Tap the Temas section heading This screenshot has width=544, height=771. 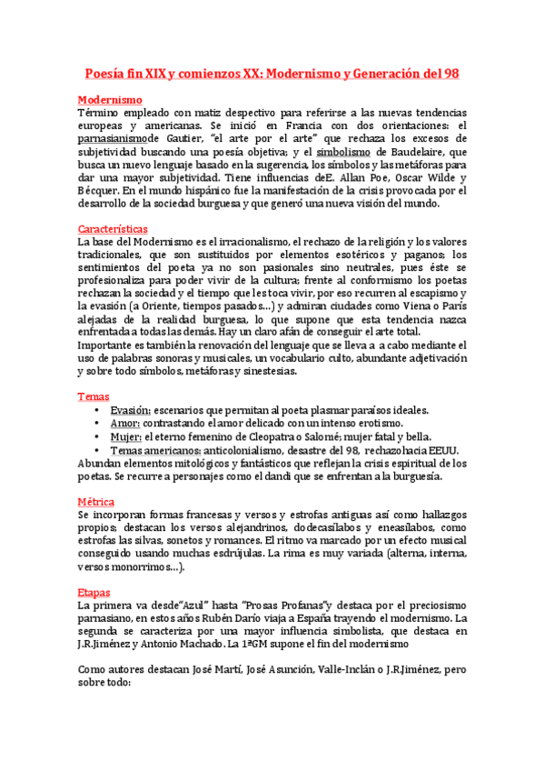(x=94, y=396)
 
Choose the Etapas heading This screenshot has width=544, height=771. (x=94, y=592)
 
